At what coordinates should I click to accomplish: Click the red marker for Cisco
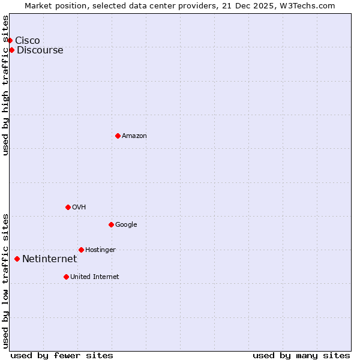[x=10, y=40]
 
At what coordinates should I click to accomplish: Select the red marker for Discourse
[x=11, y=50]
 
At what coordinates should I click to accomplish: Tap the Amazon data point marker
[x=118, y=136]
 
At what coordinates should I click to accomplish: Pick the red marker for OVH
[x=68, y=207]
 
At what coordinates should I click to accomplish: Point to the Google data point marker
[x=111, y=224]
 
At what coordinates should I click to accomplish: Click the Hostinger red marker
[x=81, y=250]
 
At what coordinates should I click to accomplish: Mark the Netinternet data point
[x=17, y=259]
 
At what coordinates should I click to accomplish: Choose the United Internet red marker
[x=66, y=277]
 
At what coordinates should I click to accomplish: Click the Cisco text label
[x=28, y=40]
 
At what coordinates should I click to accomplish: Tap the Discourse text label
[x=40, y=50]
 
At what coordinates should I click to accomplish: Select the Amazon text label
[x=134, y=136]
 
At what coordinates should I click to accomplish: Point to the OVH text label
[x=79, y=207]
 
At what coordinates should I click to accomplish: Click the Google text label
[x=126, y=224]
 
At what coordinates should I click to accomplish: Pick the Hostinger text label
[x=100, y=250]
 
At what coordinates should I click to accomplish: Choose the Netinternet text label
[x=50, y=259]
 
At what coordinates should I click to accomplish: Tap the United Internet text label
[x=95, y=277]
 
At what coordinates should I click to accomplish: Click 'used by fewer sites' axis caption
[x=62, y=355]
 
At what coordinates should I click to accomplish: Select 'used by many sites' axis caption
[x=301, y=355]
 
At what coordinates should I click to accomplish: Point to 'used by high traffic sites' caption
[x=6, y=85]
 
